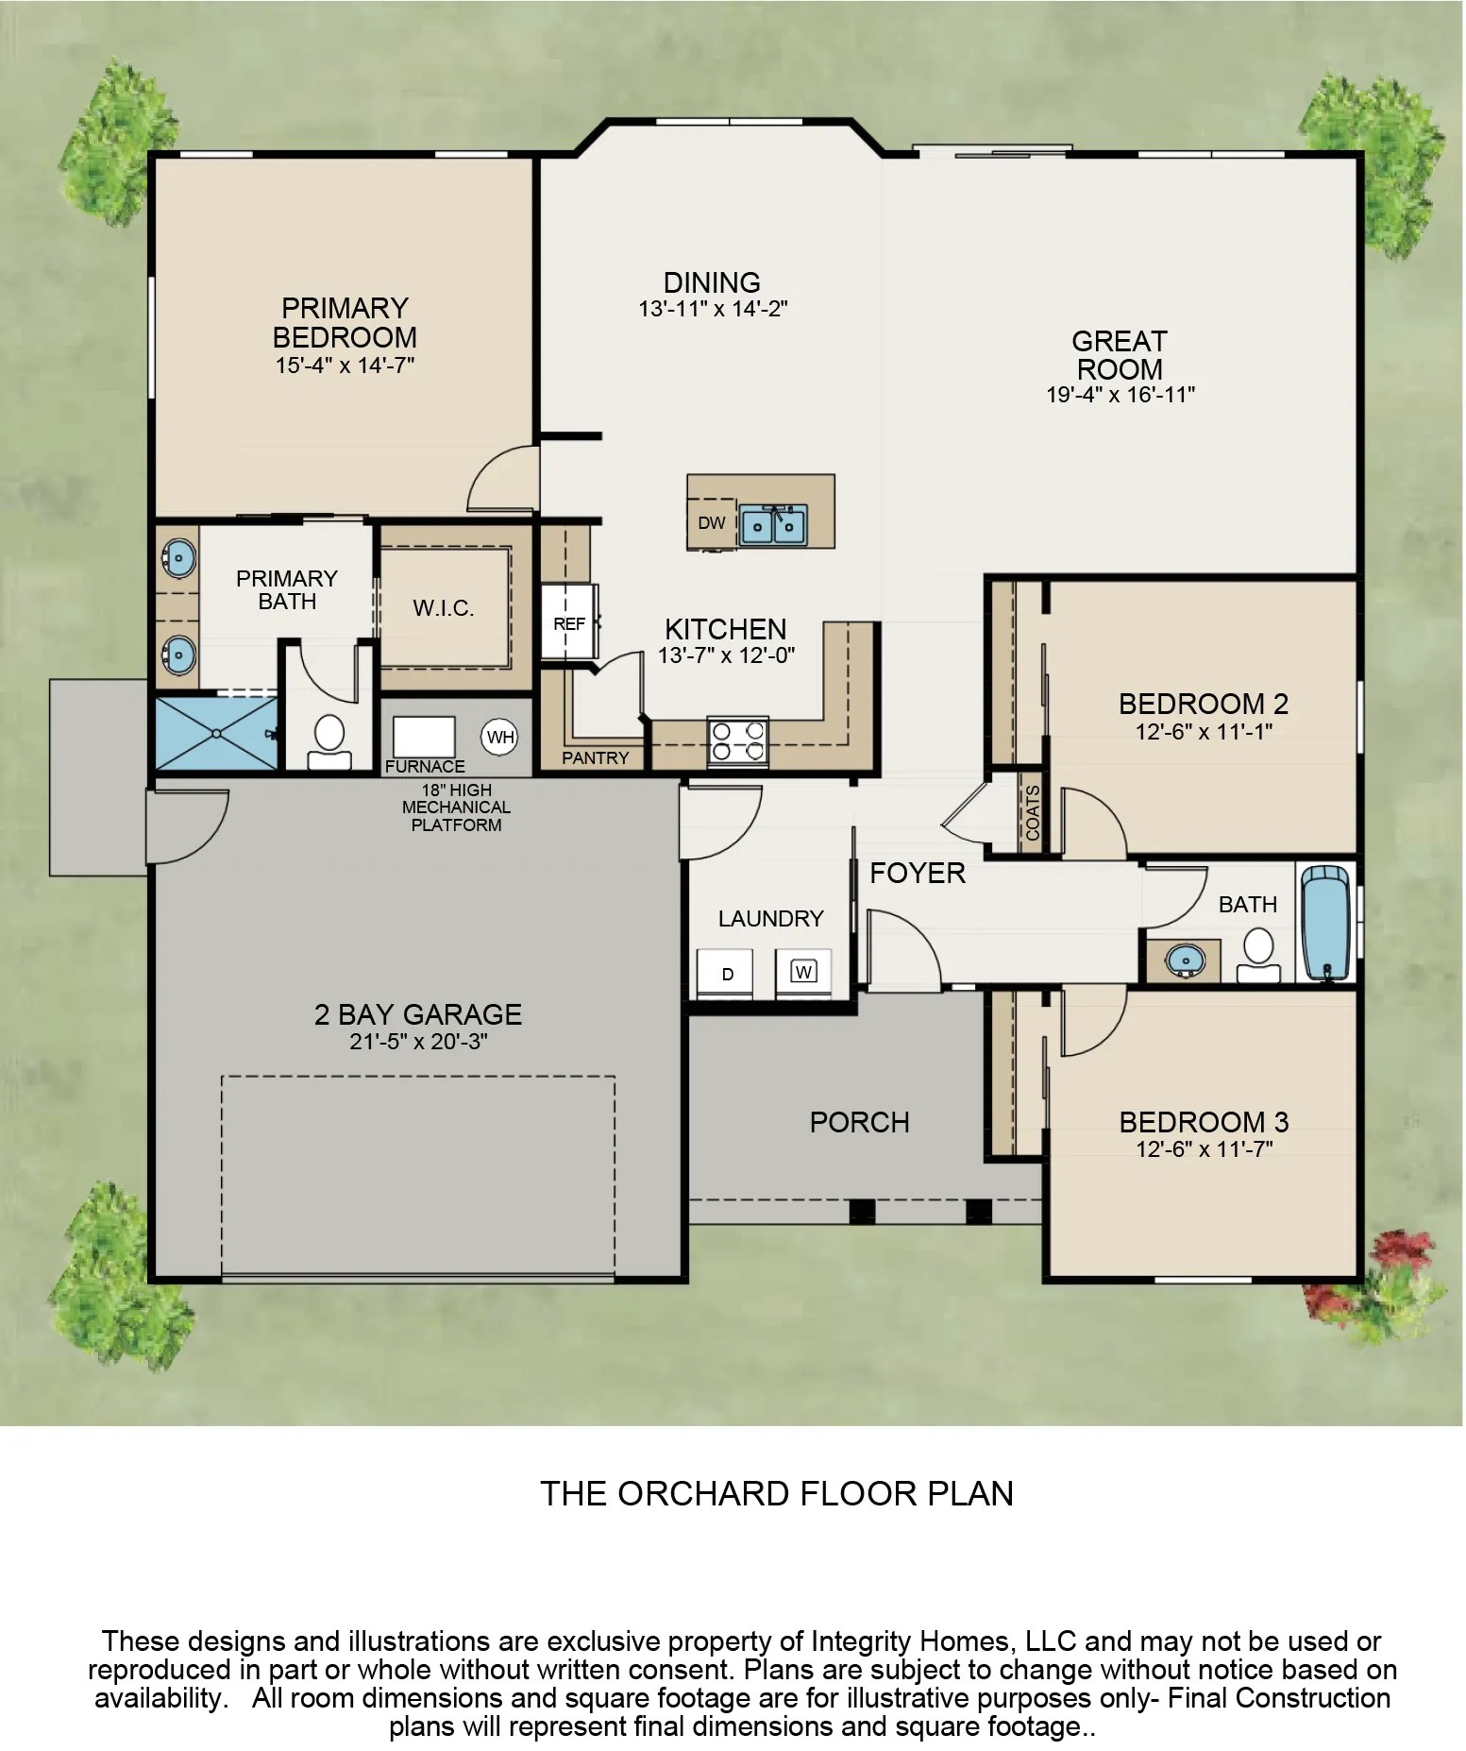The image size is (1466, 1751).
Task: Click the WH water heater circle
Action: click(x=500, y=737)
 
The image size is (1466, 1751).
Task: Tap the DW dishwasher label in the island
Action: click(x=712, y=522)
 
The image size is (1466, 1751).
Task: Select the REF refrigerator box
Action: click(x=569, y=623)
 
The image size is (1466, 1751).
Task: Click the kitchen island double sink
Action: click(x=773, y=524)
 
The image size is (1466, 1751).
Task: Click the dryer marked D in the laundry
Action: click(x=727, y=974)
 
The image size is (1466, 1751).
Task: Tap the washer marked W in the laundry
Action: click(x=803, y=971)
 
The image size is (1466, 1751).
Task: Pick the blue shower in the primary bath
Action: click(x=216, y=734)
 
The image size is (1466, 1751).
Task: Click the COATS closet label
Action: click(x=1033, y=813)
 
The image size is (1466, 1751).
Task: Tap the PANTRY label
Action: click(x=595, y=757)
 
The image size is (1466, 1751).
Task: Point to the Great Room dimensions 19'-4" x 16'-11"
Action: click(x=1121, y=395)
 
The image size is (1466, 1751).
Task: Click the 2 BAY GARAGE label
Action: click(x=417, y=1014)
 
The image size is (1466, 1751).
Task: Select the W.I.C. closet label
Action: click(x=444, y=608)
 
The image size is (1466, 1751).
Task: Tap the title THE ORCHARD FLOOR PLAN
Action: click(x=776, y=1493)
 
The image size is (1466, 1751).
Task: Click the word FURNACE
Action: click(x=425, y=766)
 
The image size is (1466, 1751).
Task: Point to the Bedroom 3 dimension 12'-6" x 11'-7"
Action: click(x=1204, y=1149)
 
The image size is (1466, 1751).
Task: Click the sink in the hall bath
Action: click(x=1185, y=960)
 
